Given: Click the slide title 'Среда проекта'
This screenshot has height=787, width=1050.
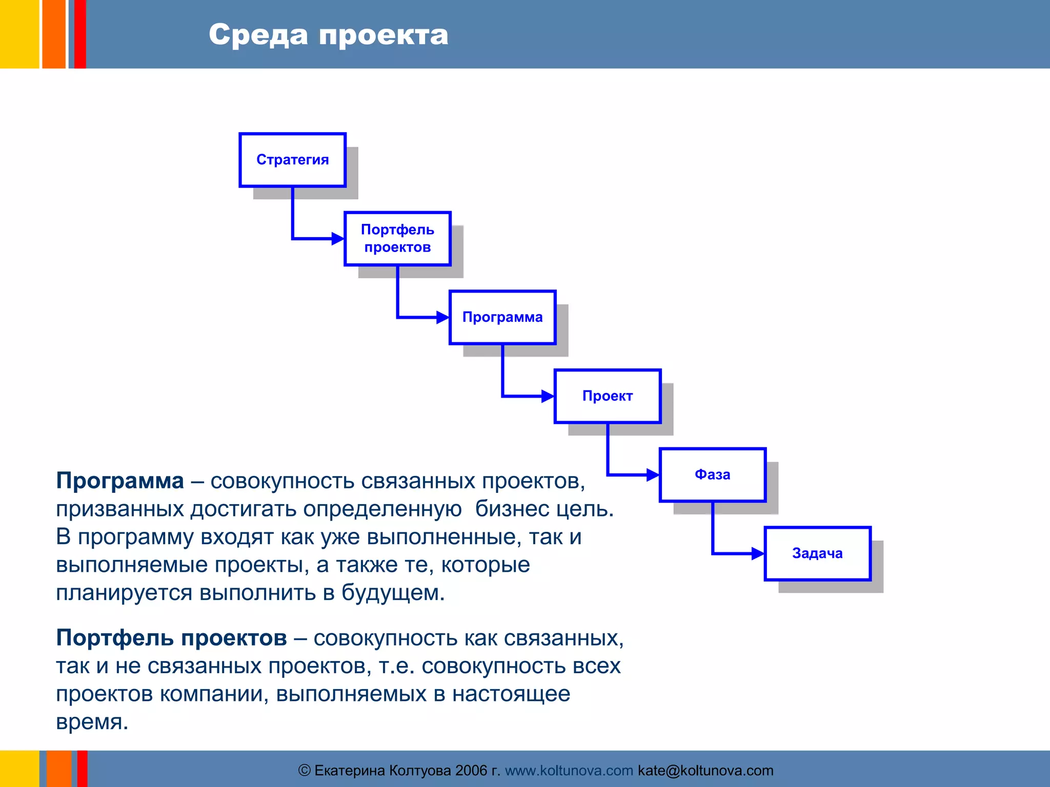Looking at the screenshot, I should pos(328,35).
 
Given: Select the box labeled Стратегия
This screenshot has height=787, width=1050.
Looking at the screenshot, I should pos(292,160).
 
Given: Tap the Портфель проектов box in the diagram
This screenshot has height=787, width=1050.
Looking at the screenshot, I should pos(397,238).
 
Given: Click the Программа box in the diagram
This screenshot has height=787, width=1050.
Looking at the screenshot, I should pos(502,317).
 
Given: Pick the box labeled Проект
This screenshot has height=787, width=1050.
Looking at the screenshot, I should pos(608,396).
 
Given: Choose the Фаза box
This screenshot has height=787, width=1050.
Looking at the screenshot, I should pos(713,474).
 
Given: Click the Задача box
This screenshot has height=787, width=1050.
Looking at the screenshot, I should pos(817,553).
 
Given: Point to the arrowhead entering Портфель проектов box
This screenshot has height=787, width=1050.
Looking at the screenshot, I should pos(338,238).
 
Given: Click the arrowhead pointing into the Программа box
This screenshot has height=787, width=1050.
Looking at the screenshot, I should pos(443,317).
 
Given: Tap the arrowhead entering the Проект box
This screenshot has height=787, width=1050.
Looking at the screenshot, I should pos(548,396).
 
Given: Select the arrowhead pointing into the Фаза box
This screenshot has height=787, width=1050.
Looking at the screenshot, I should pos(653,475).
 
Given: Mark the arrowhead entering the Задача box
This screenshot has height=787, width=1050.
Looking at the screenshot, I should pos(758,553).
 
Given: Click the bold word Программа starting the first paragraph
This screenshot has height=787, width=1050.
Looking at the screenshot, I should pos(120,481).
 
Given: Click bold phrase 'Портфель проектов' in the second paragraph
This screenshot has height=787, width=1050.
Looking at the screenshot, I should pos(171,638).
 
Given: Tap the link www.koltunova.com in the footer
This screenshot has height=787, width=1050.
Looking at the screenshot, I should pos(569,771).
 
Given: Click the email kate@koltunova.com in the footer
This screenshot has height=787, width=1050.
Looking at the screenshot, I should pos(705,771).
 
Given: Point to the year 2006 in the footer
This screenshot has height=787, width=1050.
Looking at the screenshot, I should pos(471,771).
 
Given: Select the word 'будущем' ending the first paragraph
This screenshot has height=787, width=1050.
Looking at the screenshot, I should pos(393,593).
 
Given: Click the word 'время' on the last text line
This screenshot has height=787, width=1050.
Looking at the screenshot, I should pos(91,722).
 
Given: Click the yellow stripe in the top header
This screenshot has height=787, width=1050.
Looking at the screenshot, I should pos(19,34).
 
